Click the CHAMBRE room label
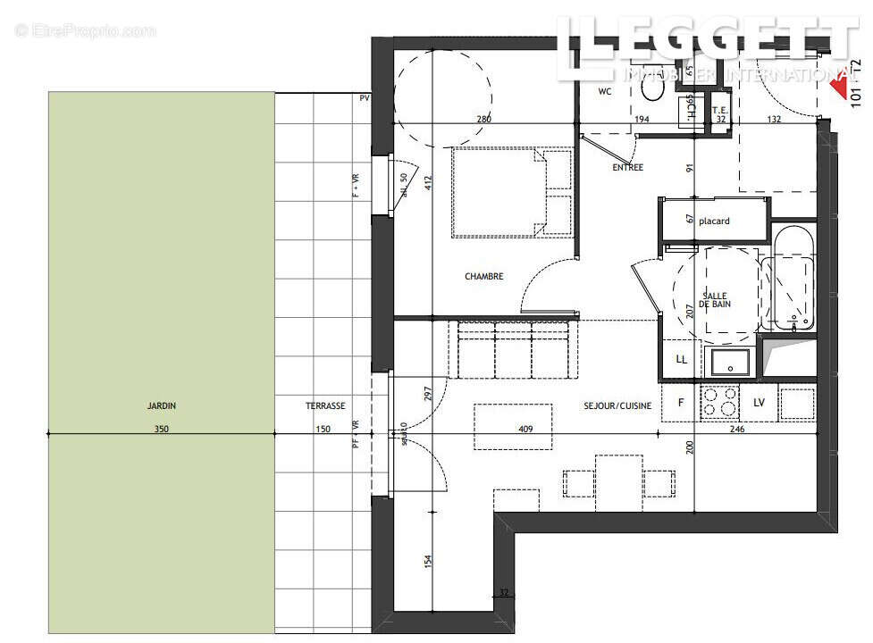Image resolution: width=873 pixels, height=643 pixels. pos(483,277)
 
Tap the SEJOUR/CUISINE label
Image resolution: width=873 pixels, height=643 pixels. pos(617,405)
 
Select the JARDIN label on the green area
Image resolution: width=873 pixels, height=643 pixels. pos(162,405)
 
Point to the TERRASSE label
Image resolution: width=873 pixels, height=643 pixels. pos(325,405)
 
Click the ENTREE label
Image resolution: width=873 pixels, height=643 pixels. pos(627,167)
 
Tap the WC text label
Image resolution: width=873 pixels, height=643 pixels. pos(604,91)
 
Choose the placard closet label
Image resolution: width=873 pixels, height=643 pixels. pos(714,221)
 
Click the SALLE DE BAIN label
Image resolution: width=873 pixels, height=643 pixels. pos(714,300)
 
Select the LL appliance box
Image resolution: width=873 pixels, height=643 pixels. pos(682,359)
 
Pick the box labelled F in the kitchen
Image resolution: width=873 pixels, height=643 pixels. pos(681,403)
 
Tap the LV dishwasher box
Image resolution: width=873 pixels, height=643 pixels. pos(759,403)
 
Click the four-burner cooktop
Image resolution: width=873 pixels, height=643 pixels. pos(719,402)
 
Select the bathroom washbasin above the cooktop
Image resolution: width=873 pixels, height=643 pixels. pos(731,361)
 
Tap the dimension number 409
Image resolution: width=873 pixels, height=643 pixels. pos(525,429)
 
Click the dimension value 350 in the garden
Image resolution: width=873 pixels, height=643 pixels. pos(161,429)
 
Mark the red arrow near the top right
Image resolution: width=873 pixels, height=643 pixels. pos(839,85)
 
